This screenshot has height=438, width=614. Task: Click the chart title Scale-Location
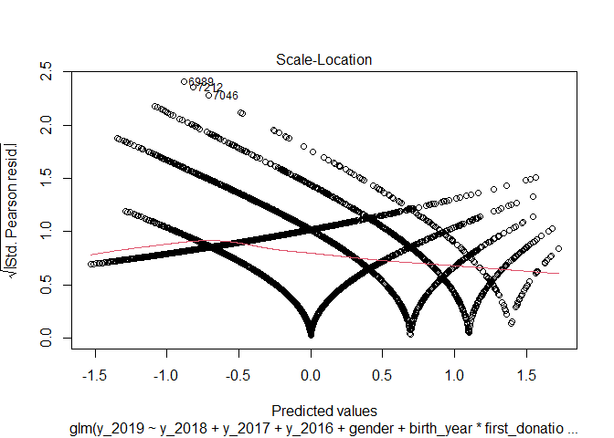[324, 59]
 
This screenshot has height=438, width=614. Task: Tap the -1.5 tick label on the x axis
[91, 375]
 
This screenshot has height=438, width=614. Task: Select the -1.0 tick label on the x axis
[164, 375]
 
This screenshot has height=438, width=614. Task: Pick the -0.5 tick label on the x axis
[238, 375]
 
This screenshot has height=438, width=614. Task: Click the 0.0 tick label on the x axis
[311, 375]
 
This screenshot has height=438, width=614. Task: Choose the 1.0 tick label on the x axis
[455, 375]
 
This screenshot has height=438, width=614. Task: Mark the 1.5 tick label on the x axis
[527, 375]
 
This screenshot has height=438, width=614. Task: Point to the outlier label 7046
[226, 95]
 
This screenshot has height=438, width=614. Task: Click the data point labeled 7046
[208, 95]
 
